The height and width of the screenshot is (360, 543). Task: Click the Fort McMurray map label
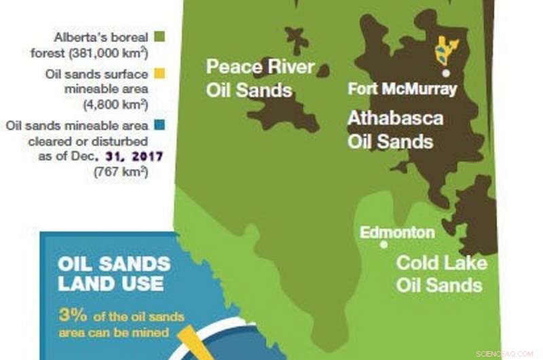point(402,89)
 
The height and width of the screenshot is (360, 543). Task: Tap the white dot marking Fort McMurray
point(446,72)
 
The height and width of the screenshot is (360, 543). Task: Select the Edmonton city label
point(397,232)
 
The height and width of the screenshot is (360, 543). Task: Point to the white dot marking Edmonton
point(384,244)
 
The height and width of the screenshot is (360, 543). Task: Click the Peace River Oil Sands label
point(260,78)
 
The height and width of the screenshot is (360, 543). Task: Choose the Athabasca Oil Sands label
point(395,130)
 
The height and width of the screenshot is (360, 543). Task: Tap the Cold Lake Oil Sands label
point(441,272)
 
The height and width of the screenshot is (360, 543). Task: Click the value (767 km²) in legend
point(121,171)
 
